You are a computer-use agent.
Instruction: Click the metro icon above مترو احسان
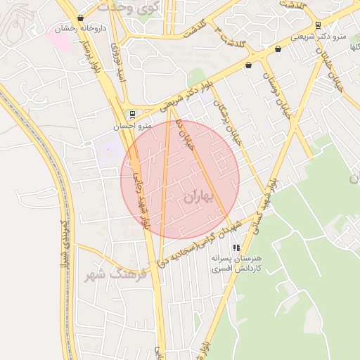132,115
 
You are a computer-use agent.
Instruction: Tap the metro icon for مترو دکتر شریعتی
319,25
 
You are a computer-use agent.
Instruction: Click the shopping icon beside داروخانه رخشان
81,19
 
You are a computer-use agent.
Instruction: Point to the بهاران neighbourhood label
197,198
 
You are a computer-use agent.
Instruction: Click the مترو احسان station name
134,127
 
